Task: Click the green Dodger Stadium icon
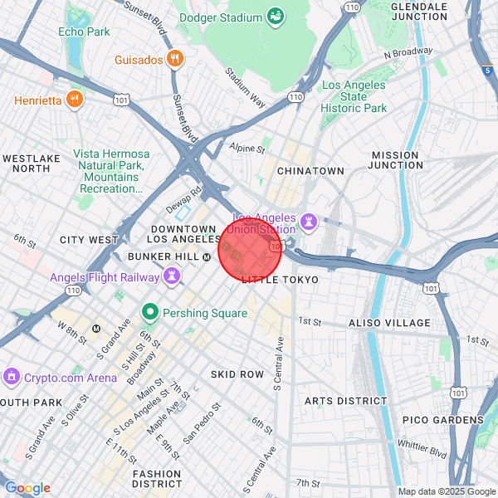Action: pos(275,16)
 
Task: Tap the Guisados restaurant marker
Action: pos(174,58)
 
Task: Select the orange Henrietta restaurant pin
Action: pos(74,100)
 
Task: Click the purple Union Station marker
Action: pos(309,222)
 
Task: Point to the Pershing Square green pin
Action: pos(150,313)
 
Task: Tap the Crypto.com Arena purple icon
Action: pos(12,377)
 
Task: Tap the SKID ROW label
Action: pos(237,374)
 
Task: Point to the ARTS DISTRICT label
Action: pos(345,401)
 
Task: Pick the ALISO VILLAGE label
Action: pos(389,323)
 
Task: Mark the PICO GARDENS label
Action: pos(437,420)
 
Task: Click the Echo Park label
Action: pos(84,32)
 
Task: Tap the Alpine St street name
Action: pos(247,149)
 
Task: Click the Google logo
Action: pos(27,487)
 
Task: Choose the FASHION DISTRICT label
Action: pos(156,478)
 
